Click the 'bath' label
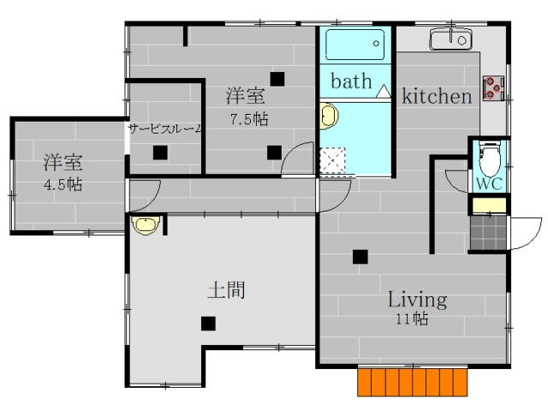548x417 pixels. pos(351,81)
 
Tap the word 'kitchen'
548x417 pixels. pos(437,96)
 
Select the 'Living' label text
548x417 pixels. pos(418,300)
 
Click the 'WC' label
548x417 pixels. pos(489,184)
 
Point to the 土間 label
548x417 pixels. pos(226,290)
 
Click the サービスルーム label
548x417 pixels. pos(165,129)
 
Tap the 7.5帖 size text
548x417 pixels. pos(249,120)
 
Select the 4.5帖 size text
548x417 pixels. pos(63,184)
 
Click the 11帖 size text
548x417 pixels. pos(412,319)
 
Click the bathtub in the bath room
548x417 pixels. pos(355,45)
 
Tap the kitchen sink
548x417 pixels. pos(451,39)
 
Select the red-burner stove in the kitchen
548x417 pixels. pos(493,87)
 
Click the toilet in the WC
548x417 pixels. pos(490,159)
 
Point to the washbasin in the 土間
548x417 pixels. pos(146,224)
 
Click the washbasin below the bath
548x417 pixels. pos(329,116)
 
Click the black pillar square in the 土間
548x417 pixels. pos(208,324)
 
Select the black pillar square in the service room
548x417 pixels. pos(160,152)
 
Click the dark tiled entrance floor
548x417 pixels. pos(488,232)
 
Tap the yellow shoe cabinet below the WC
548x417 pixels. pos(489,206)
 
